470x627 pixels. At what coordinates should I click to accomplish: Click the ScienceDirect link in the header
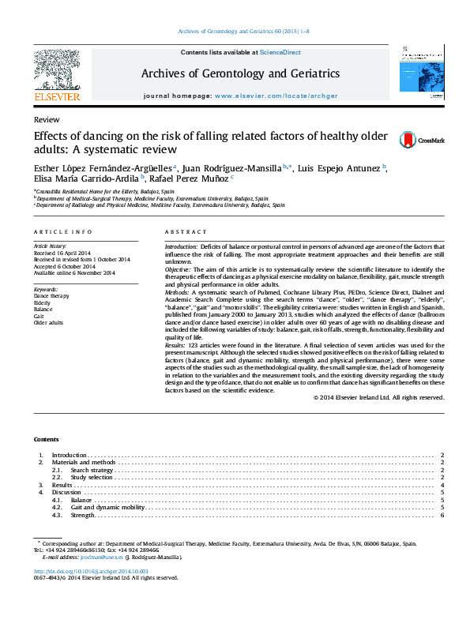[279, 52]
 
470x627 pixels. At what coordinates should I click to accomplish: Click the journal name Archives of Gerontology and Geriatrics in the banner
[240, 73]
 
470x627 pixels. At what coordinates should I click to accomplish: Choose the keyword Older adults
[48, 322]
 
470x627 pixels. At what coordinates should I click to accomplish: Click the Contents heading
[46, 438]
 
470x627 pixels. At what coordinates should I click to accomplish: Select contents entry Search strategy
[92, 471]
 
